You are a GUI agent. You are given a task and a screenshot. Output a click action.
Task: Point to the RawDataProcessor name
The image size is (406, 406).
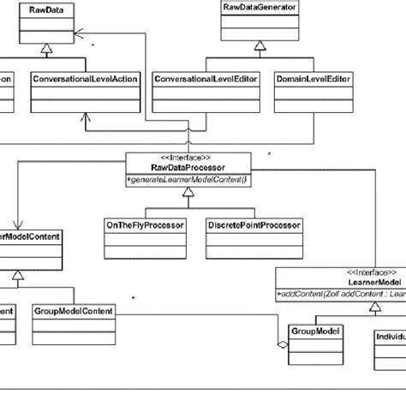[188, 168]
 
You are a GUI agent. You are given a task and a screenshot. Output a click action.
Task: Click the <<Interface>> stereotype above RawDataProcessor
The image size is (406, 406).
[188, 158]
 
